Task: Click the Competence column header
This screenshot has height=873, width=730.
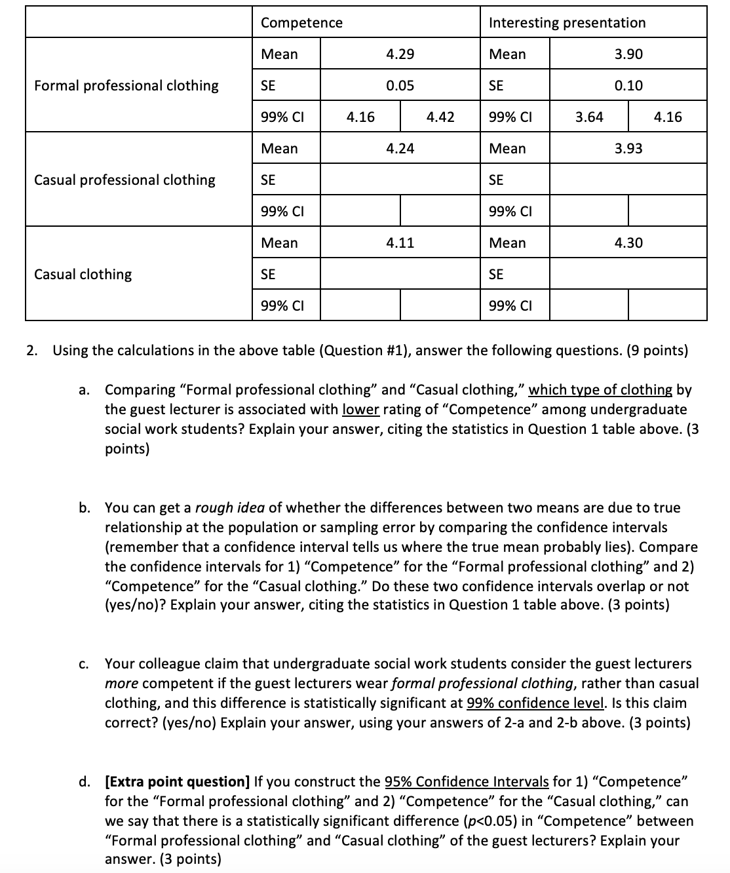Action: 301,23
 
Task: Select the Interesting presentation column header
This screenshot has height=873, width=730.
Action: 567,23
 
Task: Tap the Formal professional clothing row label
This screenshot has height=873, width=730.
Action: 126,86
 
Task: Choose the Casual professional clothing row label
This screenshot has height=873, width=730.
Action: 125,180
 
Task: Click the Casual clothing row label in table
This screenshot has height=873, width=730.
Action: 83,275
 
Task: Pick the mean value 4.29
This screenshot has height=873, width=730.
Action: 400,54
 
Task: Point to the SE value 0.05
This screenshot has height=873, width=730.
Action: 400,86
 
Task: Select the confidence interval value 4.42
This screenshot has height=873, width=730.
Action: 440,117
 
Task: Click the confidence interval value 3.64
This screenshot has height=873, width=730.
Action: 589,117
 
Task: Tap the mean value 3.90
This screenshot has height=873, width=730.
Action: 628,54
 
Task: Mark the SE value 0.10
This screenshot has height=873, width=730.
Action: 628,86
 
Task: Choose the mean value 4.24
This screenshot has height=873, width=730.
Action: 400,149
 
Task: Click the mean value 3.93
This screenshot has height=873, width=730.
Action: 628,149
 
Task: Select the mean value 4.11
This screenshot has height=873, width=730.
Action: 400,243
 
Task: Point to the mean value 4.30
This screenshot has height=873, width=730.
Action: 628,243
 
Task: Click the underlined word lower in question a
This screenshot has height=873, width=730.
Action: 360,410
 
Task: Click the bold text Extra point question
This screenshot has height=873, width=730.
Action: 177,782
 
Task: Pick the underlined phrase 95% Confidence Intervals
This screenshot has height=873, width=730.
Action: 467,782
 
